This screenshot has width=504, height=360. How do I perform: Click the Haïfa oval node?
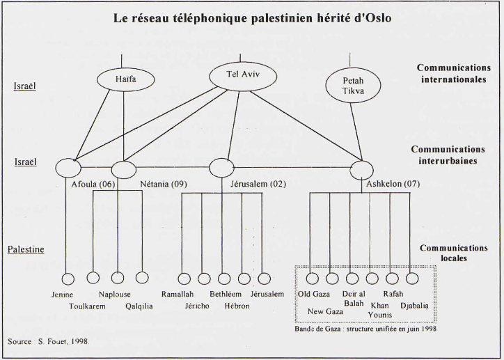click(x=126, y=79)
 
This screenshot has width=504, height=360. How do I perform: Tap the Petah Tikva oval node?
click(x=353, y=86)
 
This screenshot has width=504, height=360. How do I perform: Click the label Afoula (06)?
click(x=93, y=185)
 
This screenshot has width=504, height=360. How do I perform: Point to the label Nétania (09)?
click(x=164, y=185)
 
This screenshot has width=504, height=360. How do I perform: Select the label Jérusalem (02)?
click(x=258, y=185)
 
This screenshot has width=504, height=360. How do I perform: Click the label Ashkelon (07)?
click(x=393, y=184)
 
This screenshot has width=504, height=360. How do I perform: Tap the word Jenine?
click(x=63, y=295)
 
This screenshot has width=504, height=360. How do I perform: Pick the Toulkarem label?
click(x=87, y=306)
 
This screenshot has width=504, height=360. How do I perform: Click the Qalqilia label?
click(x=139, y=306)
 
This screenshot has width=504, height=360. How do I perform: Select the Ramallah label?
click(x=178, y=294)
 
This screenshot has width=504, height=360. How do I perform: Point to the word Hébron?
click(x=237, y=306)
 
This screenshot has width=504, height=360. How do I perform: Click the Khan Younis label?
click(x=380, y=310)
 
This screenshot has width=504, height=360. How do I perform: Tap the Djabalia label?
click(x=414, y=306)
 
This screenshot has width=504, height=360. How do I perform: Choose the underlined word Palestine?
click(x=26, y=249)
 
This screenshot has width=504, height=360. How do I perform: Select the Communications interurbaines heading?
click(x=448, y=155)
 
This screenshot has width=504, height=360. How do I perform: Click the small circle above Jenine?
click(x=68, y=279)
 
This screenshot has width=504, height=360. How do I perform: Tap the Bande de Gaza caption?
click(x=365, y=329)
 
